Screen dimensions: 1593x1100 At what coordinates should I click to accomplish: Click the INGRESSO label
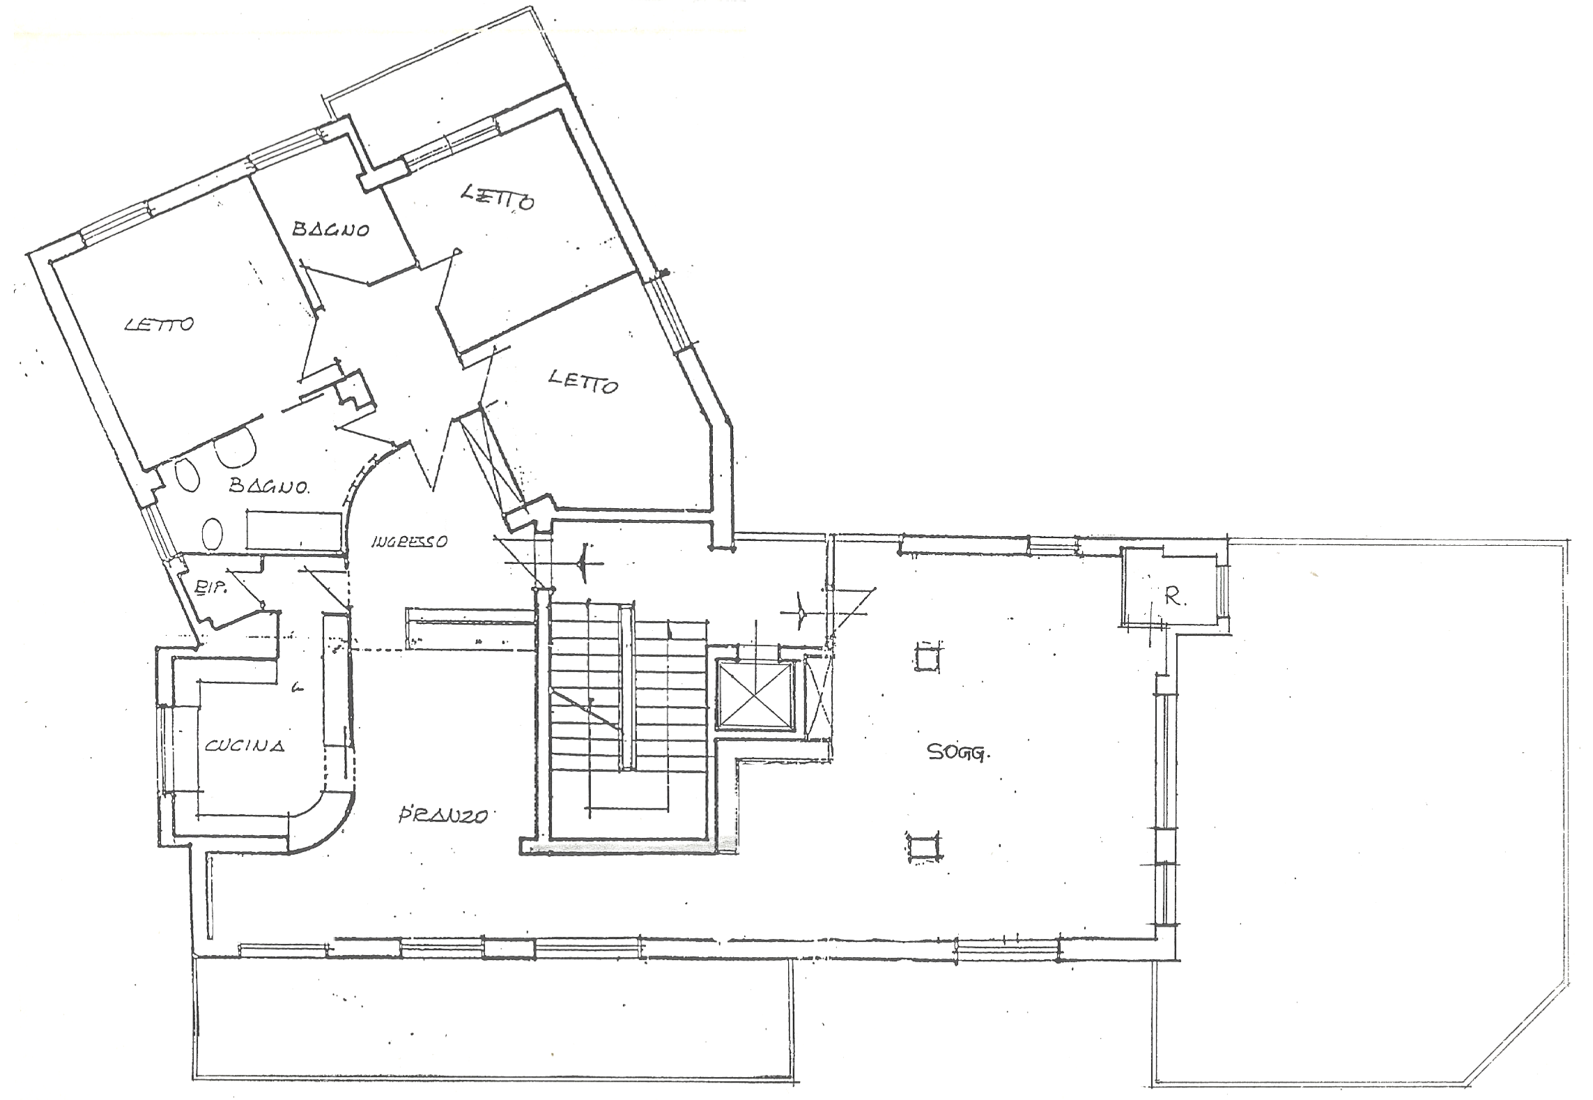(x=409, y=541)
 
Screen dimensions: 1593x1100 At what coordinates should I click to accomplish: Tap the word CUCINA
(x=245, y=746)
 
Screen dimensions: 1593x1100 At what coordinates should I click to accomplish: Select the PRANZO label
(x=442, y=815)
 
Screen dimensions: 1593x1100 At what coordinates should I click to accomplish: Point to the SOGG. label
(x=959, y=752)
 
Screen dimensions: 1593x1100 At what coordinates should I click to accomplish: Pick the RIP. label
(x=207, y=588)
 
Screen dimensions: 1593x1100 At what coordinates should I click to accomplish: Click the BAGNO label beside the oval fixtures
(x=269, y=486)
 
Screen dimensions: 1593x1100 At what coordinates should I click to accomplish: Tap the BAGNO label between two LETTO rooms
(x=330, y=229)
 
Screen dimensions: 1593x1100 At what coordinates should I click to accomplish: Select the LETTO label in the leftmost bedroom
(x=159, y=324)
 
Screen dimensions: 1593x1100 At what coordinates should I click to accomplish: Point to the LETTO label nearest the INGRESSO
(x=583, y=381)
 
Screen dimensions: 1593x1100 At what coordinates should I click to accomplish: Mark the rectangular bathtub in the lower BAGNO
(x=297, y=530)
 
